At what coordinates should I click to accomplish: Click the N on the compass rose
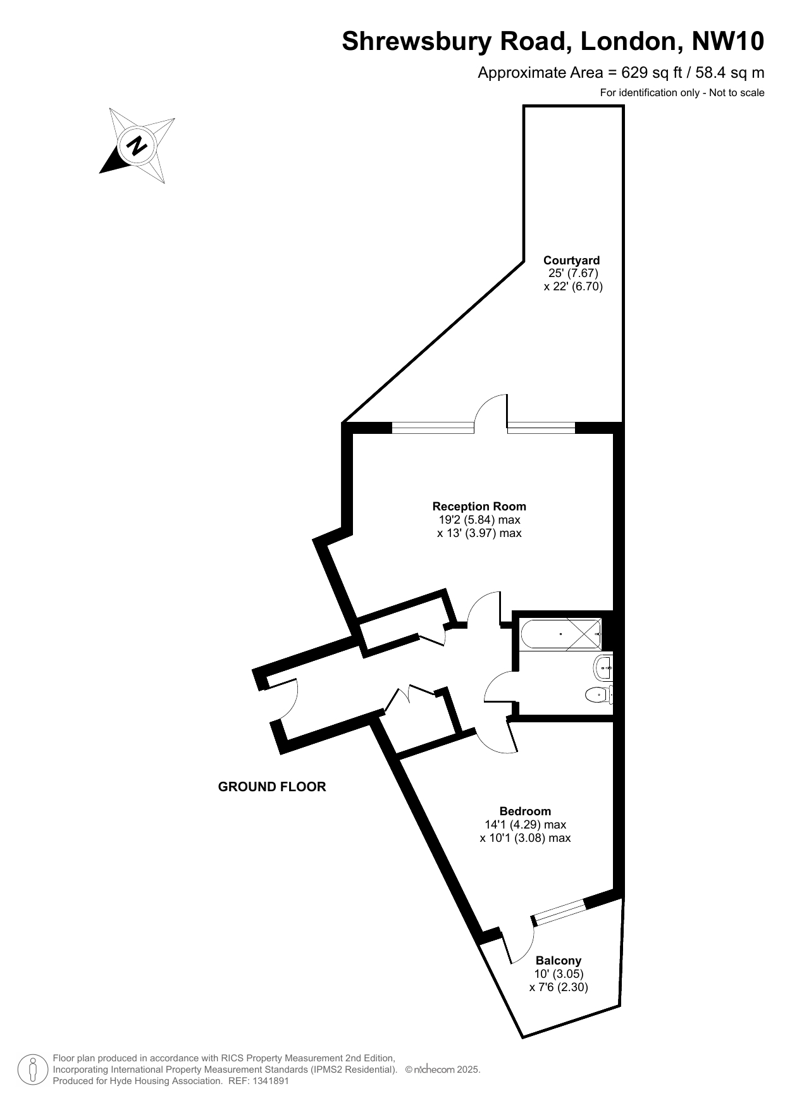[x=137, y=146]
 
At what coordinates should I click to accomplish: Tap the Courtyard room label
[x=572, y=260]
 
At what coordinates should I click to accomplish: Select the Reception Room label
[x=479, y=506]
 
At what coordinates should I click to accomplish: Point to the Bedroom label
[x=525, y=811]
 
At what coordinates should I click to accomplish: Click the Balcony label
[x=559, y=960]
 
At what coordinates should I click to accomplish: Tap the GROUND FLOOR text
[x=272, y=787]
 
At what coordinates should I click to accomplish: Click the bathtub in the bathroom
[x=560, y=634]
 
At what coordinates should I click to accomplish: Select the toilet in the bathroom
[x=598, y=694]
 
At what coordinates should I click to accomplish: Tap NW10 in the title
[x=728, y=41]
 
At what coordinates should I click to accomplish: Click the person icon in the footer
[x=32, y=1070]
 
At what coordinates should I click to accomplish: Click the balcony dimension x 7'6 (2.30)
[x=559, y=987]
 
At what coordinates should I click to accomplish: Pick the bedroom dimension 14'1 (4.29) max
[x=525, y=824]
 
